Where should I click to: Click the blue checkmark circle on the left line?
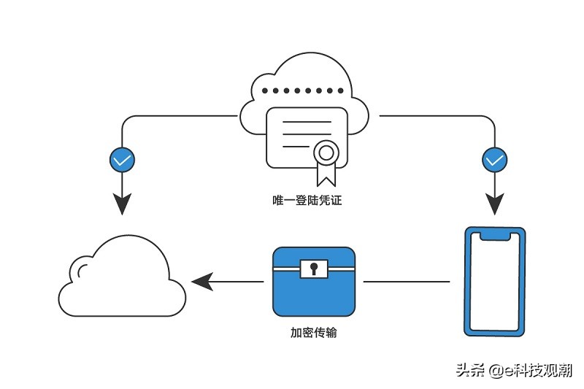click(x=122, y=160)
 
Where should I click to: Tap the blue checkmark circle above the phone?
click(x=495, y=160)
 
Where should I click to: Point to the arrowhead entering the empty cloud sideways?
click(x=202, y=282)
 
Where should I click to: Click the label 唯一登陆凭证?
click(x=307, y=200)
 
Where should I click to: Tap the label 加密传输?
click(x=314, y=332)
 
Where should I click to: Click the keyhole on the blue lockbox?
click(x=314, y=269)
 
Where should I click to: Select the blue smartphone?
click(x=495, y=282)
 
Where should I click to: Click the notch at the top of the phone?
click(x=495, y=236)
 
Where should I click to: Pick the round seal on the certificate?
click(x=326, y=153)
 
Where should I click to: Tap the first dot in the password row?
click(x=265, y=90)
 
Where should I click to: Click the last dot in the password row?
click(x=340, y=90)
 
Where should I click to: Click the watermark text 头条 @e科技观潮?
click(x=514, y=370)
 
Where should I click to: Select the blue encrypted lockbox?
click(x=314, y=282)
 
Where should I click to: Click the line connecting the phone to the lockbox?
click(x=407, y=282)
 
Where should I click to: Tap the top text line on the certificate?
click(x=307, y=122)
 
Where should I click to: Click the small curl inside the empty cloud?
click(x=80, y=271)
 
